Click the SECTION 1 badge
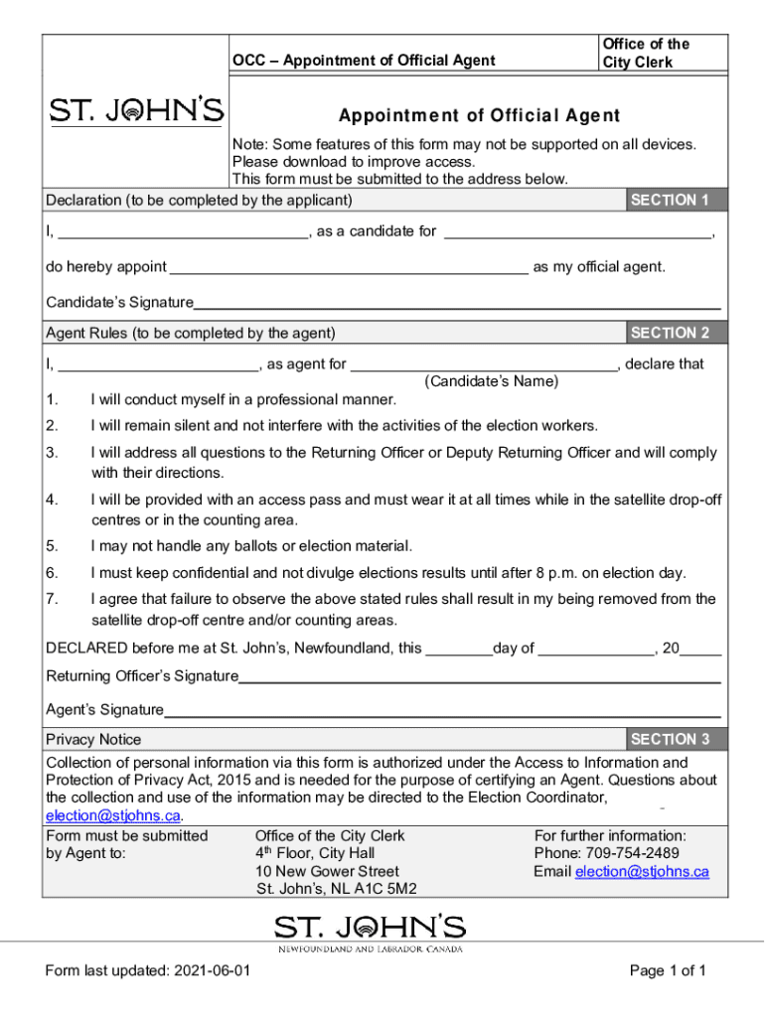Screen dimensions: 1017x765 point(670,200)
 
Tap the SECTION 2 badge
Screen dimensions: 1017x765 point(670,333)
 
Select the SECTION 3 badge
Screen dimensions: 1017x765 point(670,739)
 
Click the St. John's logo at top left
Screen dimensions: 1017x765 point(137,111)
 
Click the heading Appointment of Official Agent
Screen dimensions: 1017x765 point(479,115)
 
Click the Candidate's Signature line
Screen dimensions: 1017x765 point(457,302)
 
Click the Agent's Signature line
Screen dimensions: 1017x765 point(442,710)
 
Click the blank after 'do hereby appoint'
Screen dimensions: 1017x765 point(348,267)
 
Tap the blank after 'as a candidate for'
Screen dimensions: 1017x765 point(577,232)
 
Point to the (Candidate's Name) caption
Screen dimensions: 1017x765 point(492,381)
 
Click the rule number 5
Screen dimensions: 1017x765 point(52,546)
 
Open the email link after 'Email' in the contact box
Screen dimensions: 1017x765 point(642,871)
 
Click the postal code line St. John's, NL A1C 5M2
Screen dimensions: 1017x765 point(337,889)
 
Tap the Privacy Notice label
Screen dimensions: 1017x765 point(93,739)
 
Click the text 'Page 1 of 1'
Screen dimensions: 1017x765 point(668,971)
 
